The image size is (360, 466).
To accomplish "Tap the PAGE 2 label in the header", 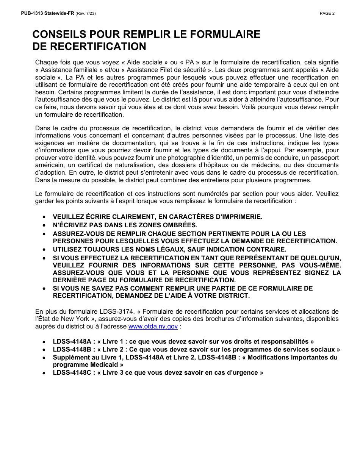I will pyautogui.click(x=327, y=14).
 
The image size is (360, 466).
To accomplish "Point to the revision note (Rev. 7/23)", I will pyautogui.click(x=86, y=14).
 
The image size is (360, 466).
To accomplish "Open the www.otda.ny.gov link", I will pyautogui.click(x=153, y=326).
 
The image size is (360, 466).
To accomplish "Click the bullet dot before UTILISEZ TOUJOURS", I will pyautogui.click(x=44, y=249).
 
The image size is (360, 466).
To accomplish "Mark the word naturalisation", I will pyautogui.click(x=128, y=165).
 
